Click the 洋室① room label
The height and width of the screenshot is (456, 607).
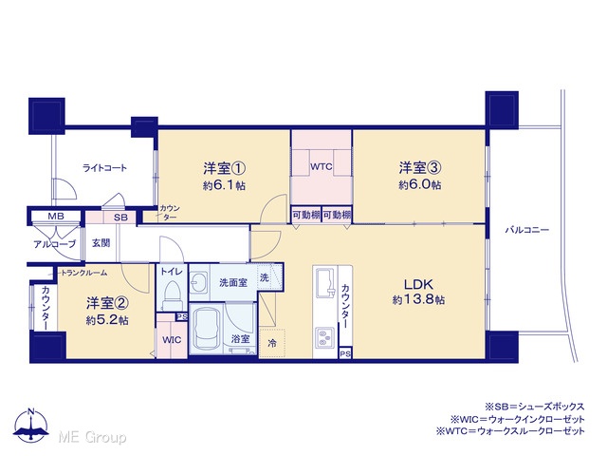click(x=225, y=168)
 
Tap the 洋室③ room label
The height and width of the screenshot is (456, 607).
click(x=420, y=168)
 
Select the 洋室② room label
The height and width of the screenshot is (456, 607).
click(x=107, y=303)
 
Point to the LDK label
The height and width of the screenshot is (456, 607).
click(x=418, y=284)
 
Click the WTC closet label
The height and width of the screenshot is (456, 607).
click(x=321, y=167)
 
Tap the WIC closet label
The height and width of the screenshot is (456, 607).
click(x=172, y=340)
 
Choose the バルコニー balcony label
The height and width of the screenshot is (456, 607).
click(x=527, y=230)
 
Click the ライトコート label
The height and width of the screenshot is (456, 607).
click(x=104, y=168)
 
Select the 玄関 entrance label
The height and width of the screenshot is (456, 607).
click(x=101, y=243)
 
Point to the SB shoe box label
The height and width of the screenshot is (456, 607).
click(x=120, y=218)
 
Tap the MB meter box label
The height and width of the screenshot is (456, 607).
click(x=56, y=216)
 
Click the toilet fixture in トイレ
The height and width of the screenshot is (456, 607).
click(x=172, y=294)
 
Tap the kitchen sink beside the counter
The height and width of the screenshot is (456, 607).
click(x=325, y=282)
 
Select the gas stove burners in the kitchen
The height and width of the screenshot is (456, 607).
click(x=324, y=336)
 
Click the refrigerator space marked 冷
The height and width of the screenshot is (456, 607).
click(x=272, y=343)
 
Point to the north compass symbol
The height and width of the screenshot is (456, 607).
click(x=31, y=426)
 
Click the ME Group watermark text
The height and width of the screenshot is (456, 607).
click(x=92, y=437)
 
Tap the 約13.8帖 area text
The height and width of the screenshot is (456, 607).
click(x=418, y=300)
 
